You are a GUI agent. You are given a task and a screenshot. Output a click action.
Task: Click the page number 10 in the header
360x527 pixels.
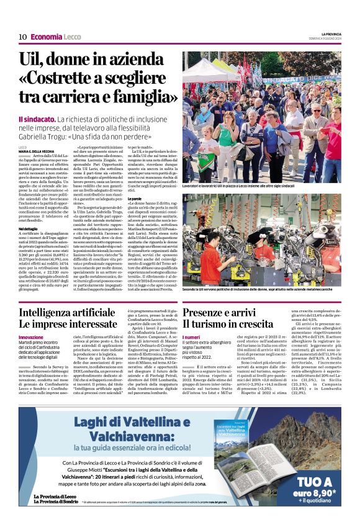pyautogui.click(x=22, y=37)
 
